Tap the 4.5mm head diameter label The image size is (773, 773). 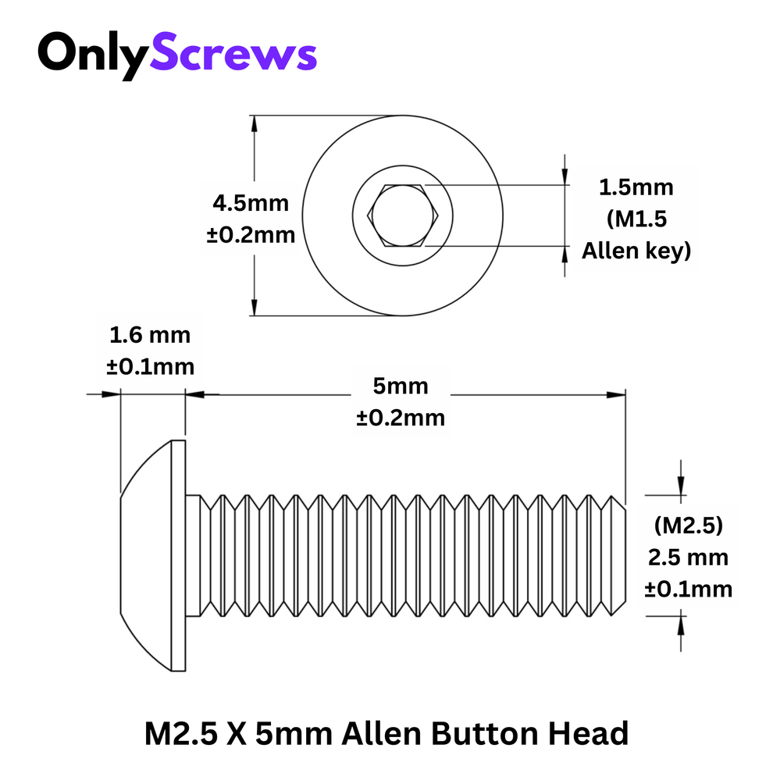coord(251,204)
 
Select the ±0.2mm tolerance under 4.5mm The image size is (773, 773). coord(251,234)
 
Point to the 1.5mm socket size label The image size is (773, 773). coord(636,187)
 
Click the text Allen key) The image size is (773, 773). coord(636,251)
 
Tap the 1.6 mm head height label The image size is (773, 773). coord(150,336)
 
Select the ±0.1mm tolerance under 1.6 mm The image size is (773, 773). coord(150,366)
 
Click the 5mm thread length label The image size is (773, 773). coord(401,386)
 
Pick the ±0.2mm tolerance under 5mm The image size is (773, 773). coord(401,418)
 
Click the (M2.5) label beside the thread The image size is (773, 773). coord(688,525)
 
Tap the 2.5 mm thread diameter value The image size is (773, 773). coord(688,557)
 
